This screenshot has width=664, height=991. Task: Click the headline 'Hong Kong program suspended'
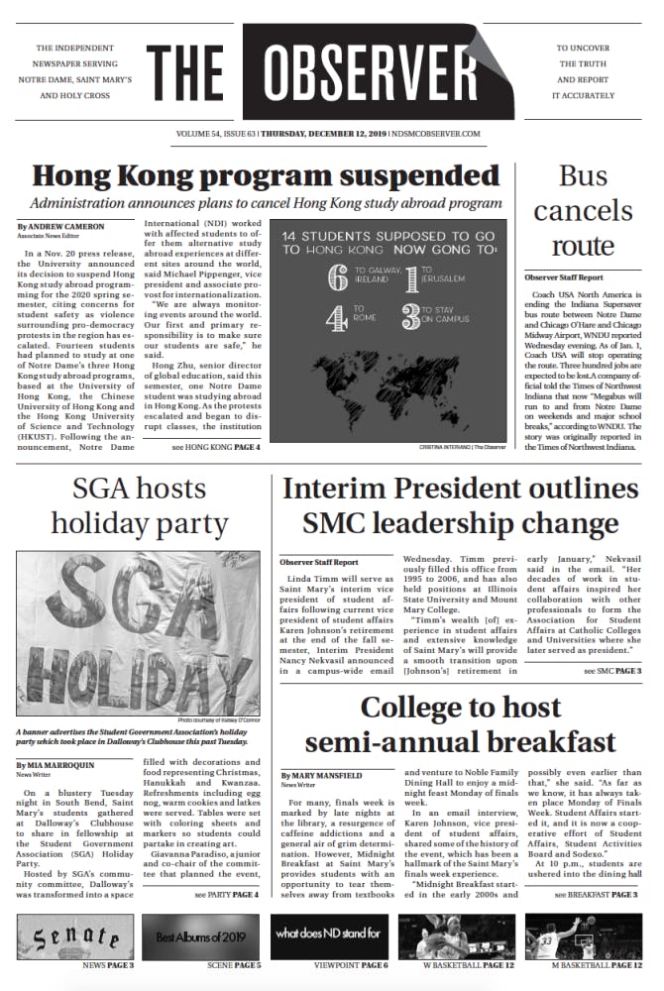(x=266, y=176)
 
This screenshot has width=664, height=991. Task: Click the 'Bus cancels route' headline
(x=583, y=210)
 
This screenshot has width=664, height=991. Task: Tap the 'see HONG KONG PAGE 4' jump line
(x=215, y=447)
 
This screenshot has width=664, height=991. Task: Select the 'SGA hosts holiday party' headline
(x=139, y=505)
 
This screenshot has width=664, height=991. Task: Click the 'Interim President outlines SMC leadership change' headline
(x=460, y=505)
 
